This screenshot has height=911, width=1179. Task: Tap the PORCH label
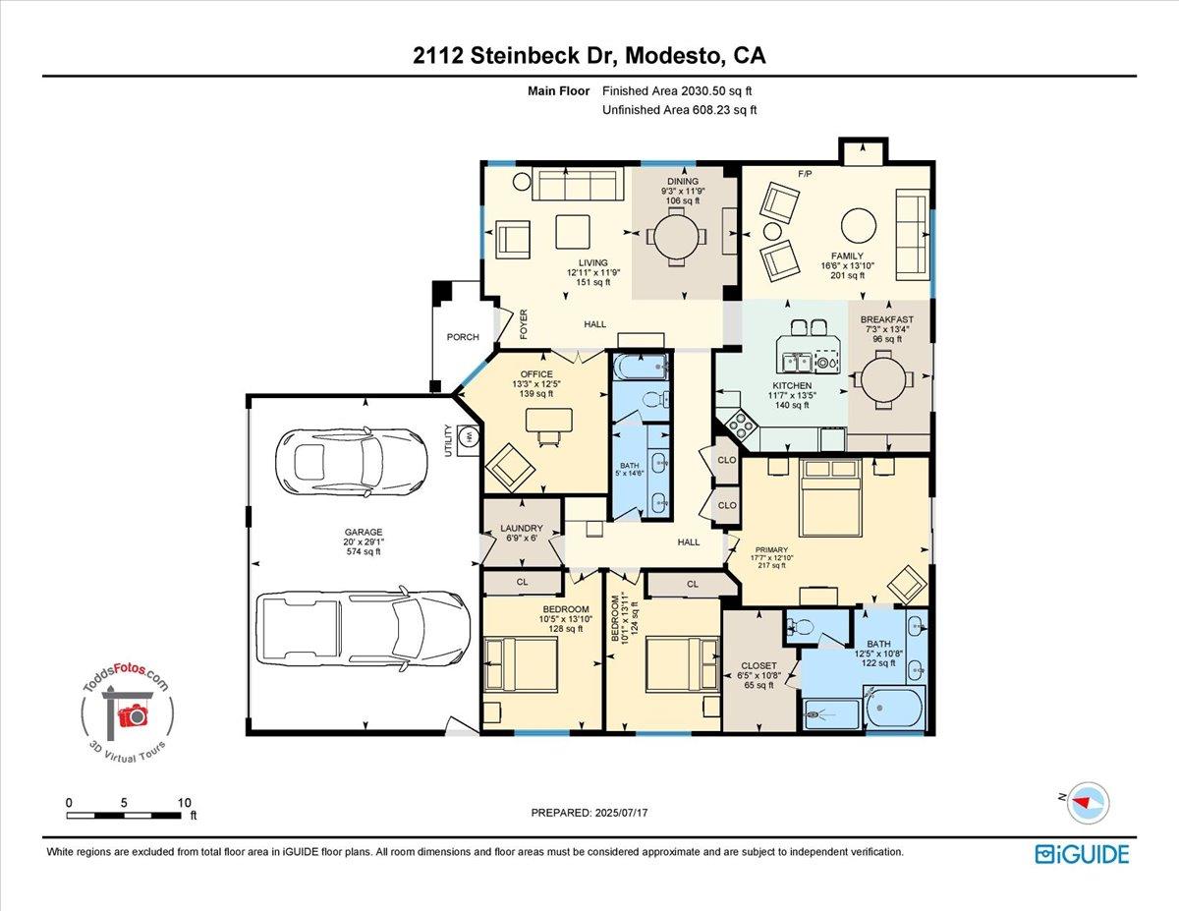pyautogui.click(x=463, y=337)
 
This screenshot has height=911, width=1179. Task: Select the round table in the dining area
pyautogui.click(x=677, y=236)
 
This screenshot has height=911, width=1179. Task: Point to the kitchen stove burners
pyautogui.click(x=739, y=425)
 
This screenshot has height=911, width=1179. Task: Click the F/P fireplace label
pyautogui.click(x=805, y=174)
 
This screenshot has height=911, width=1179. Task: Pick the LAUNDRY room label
pyautogui.click(x=521, y=528)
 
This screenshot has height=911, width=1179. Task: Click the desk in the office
pyautogui.click(x=548, y=421)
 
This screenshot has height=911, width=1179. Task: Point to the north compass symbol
pyautogui.click(x=1088, y=801)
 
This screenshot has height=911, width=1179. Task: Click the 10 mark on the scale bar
pyautogui.click(x=184, y=803)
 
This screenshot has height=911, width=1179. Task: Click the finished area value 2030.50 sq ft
pyautogui.click(x=680, y=91)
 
